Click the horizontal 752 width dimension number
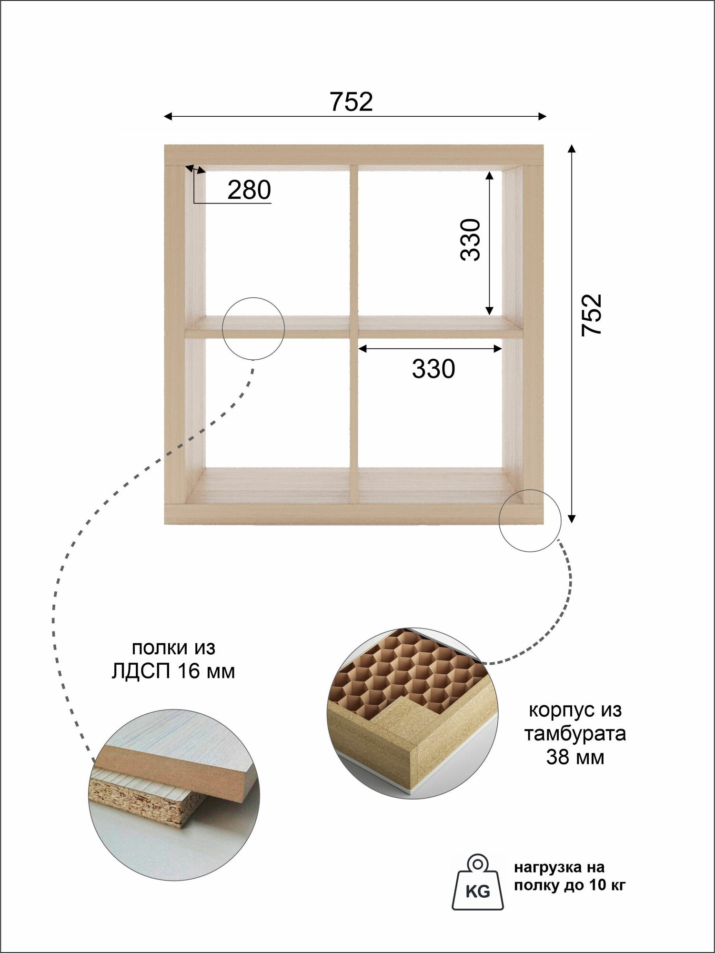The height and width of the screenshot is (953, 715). click(x=351, y=101)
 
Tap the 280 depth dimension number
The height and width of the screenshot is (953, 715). click(x=249, y=190)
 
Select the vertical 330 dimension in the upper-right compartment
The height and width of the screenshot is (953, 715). click(x=471, y=239)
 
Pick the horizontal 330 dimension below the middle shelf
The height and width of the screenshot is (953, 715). click(x=433, y=369)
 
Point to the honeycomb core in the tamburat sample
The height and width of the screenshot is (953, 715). click(x=405, y=667)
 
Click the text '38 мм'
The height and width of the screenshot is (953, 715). click(x=575, y=757)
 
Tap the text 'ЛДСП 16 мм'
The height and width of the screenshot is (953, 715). click(x=173, y=671)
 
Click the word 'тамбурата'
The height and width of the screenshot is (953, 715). click(x=575, y=733)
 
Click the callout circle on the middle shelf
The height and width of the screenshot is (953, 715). click(x=253, y=328)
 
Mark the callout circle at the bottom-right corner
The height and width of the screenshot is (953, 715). click(x=530, y=520)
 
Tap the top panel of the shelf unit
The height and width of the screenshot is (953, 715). click(x=353, y=154)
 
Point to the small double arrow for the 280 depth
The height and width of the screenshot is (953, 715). click(x=195, y=169)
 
